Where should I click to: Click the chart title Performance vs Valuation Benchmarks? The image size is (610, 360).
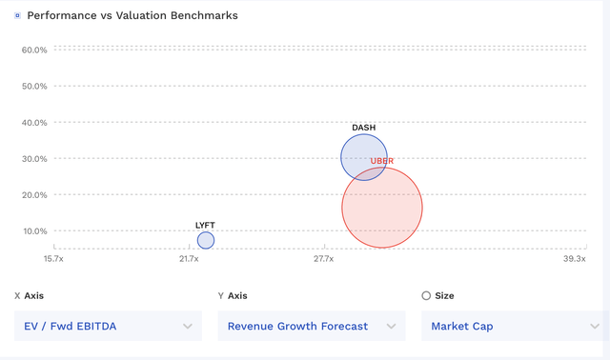pyautogui.click(x=132, y=16)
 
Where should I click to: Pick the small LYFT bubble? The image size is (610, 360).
pyautogui.click(x=206, y=240)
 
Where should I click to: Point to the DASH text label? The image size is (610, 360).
pyautogui.click(x=363, y=128)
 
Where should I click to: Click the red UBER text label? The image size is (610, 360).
pyautogui.click(x=382, y=161)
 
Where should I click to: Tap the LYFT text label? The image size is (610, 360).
pyautogui.click(x=205, y=226)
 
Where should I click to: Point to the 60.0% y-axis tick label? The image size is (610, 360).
pyautogui.click(x=34, y=50)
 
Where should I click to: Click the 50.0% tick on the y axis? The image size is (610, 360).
pyautogui.click(x=34, y=86)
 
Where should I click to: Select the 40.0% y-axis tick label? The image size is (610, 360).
pyautogui.click(x=34, y=122)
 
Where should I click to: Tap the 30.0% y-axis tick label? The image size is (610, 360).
pyautogui.click(x=34, y=158)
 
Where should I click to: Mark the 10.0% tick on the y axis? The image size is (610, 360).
pyautogui.click(x=34, y=230)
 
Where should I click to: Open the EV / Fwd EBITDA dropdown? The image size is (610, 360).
pyautogui.click(x=108, y=326)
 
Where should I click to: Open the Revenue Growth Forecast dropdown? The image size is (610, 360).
pyautogui.click(x=311, y=326)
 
